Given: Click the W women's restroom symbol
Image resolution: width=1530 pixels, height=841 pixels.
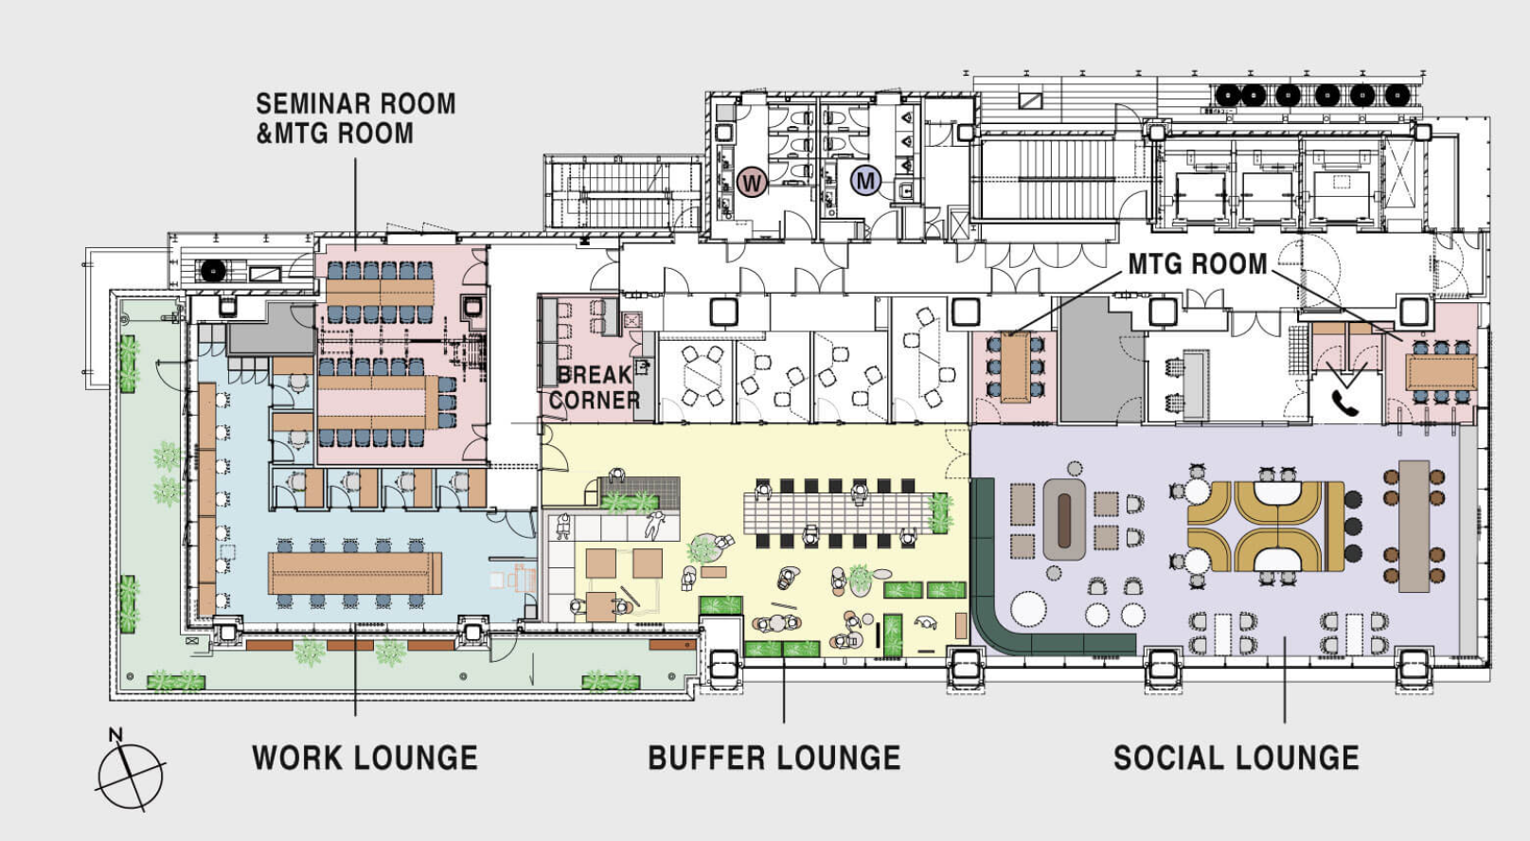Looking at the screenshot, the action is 752,183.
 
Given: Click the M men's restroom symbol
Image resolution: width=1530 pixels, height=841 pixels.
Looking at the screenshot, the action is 865,181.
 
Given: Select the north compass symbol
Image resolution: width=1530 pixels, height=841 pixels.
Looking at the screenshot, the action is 131,776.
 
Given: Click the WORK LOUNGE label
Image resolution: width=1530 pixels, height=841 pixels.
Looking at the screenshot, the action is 365,758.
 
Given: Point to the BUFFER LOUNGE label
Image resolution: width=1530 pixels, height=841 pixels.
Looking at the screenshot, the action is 774,758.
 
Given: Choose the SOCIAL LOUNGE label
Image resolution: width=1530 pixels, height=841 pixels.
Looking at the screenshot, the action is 1236,758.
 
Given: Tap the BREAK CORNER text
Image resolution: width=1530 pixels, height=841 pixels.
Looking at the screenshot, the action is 595,386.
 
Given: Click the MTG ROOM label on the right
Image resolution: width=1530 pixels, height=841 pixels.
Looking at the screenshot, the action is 1198,263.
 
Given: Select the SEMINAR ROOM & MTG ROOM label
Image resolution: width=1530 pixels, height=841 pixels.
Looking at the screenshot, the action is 355,118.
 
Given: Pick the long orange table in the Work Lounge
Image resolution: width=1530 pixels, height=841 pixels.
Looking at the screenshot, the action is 355,573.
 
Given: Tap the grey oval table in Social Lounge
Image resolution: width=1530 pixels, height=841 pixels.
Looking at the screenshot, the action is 1064,520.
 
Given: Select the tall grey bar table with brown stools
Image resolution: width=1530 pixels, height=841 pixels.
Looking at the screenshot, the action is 1414,526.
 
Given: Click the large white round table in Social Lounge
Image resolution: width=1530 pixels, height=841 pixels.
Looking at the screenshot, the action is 1028,608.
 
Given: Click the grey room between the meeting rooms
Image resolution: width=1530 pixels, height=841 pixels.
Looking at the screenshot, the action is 1102,360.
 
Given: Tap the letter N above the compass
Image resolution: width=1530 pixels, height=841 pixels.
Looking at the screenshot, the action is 116,735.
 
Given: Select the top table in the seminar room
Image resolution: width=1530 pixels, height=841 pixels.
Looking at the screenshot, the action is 381,293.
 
